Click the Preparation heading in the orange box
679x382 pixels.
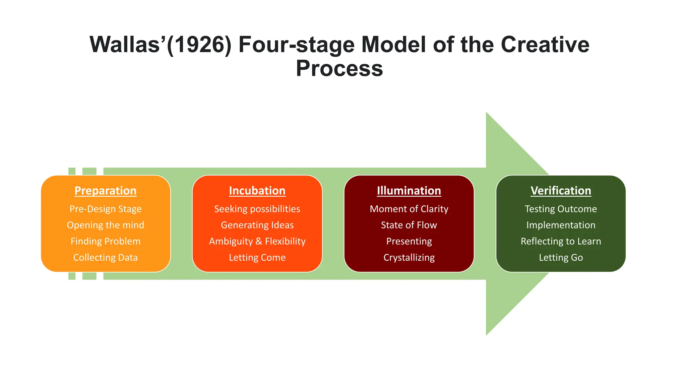(105, 191)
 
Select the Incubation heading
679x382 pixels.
(257, 191)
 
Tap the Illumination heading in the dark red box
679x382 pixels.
(409, 191)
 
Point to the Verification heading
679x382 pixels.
(561, 191)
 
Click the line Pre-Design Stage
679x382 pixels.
(105, 209)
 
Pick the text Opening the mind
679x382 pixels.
(105, 225)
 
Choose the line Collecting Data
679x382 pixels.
(105, 258)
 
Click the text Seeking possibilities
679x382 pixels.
(257, 209)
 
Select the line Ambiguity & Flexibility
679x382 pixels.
(257, 241)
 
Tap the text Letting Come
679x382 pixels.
(257, 258)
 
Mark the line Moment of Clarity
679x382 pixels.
(409, 209)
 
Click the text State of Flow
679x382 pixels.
(409, 225)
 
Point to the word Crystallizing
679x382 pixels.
(409, 258)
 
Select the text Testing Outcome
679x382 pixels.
(561, 209)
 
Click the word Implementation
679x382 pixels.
(561, 225)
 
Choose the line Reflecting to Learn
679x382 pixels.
(561, 241)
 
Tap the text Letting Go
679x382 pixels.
(561, 258)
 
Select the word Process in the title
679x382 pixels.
(339, 69)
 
